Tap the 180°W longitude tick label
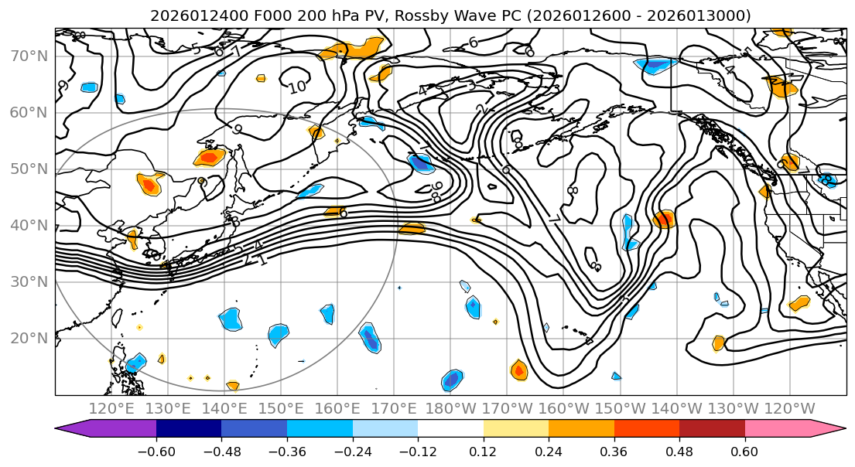click(451, 408)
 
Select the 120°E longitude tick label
click(112, 408)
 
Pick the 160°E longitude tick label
click(338, 408)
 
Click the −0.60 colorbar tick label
click(156, 451)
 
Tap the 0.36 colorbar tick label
click(614, 451)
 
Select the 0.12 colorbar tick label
click(484, 451)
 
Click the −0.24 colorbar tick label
click(352, 451)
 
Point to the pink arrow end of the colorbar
click(828, 429)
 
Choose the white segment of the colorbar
click(450, 429)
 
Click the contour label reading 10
click(297, 87)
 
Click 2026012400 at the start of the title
click(190, 15)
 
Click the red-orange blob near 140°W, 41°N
click(663, 220)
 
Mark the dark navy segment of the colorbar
click(189, 429)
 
